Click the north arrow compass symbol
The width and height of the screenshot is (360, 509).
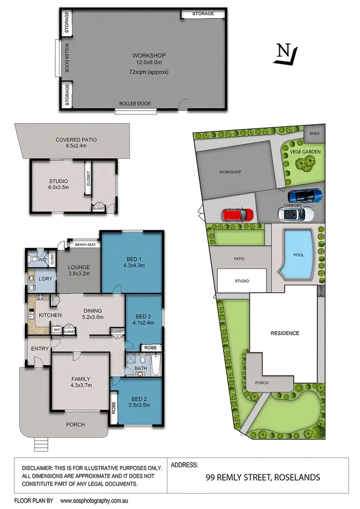(x=286, y=53)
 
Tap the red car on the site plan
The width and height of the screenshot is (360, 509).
(x=237, y=214)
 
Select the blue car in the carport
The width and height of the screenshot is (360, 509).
(x=305, y=195)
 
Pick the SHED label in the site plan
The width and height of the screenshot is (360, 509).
(x=314, y=133)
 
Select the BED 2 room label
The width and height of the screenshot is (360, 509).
(x=136, y=398)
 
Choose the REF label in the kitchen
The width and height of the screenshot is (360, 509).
(x=57, y=330)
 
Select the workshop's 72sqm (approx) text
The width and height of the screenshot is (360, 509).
(x=149, y=72)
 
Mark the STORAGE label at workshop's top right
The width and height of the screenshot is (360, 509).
(x=203, y=14)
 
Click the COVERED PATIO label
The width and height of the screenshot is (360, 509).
(x=76, y=140)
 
